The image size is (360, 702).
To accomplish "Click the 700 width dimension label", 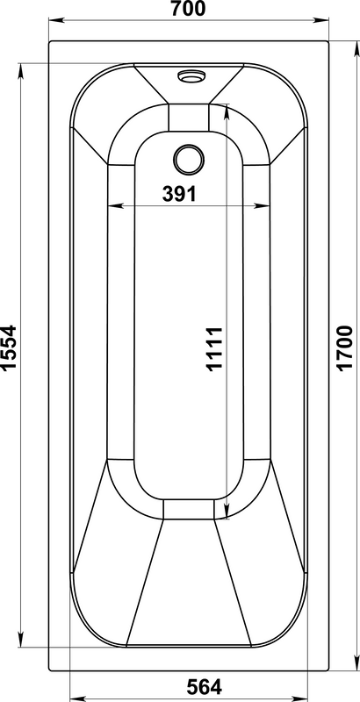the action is [x=188, y=9].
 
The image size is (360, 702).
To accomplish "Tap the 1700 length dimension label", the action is [x=345, y=347].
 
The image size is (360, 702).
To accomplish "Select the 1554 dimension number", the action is [x=9, y=347].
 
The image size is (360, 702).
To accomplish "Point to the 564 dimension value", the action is [x=204, y=686].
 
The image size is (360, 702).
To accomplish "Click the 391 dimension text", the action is [x=179, y=194].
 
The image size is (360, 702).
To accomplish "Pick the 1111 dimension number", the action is [x=214, y=349].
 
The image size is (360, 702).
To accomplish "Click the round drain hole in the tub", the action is [x=189, y=160].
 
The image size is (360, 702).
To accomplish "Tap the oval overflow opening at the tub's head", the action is [x=191, y=76].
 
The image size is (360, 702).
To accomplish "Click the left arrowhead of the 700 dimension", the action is [x=56, y=20].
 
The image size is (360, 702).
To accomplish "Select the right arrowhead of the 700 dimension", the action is [x=321, y=20].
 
